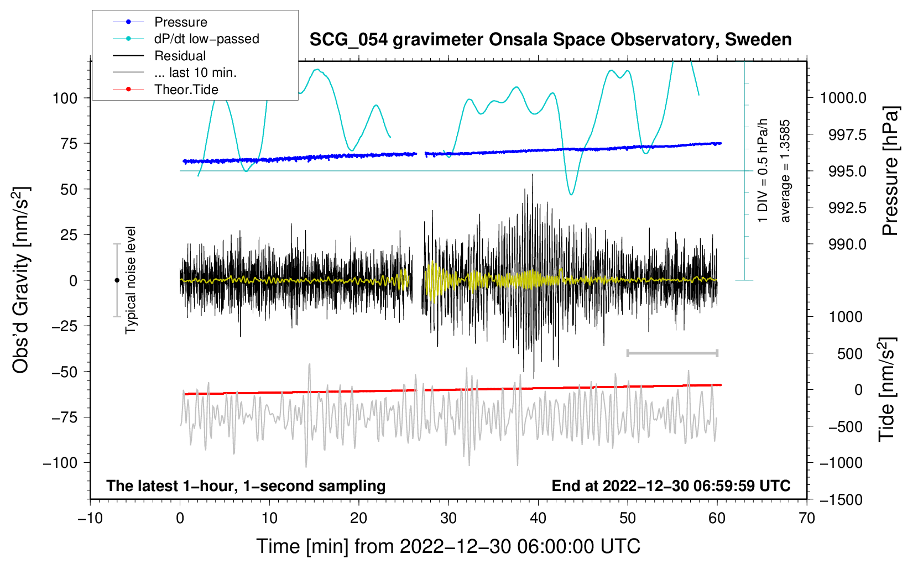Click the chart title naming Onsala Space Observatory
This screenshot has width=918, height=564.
click(x=550, y=40)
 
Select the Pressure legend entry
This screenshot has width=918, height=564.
click(x=180, y=22)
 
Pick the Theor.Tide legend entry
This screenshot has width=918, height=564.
click(x=186, y=90)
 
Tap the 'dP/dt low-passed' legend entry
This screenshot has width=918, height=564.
click(x=206, y=39)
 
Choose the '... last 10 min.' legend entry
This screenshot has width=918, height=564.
click(x=195, y=72)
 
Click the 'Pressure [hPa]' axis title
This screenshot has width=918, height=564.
click(x=890, y=171)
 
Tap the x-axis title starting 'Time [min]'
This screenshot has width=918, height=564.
click(x=448, y=546)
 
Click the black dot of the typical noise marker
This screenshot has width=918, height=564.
click(x=117, y=280)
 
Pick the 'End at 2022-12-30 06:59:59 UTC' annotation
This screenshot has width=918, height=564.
click(x=671, y=486)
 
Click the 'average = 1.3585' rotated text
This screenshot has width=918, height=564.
click(x=785, y=171)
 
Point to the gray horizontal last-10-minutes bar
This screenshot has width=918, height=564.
click(x=672, y=353)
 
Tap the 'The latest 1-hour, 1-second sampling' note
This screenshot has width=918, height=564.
click(x=246, y=486)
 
